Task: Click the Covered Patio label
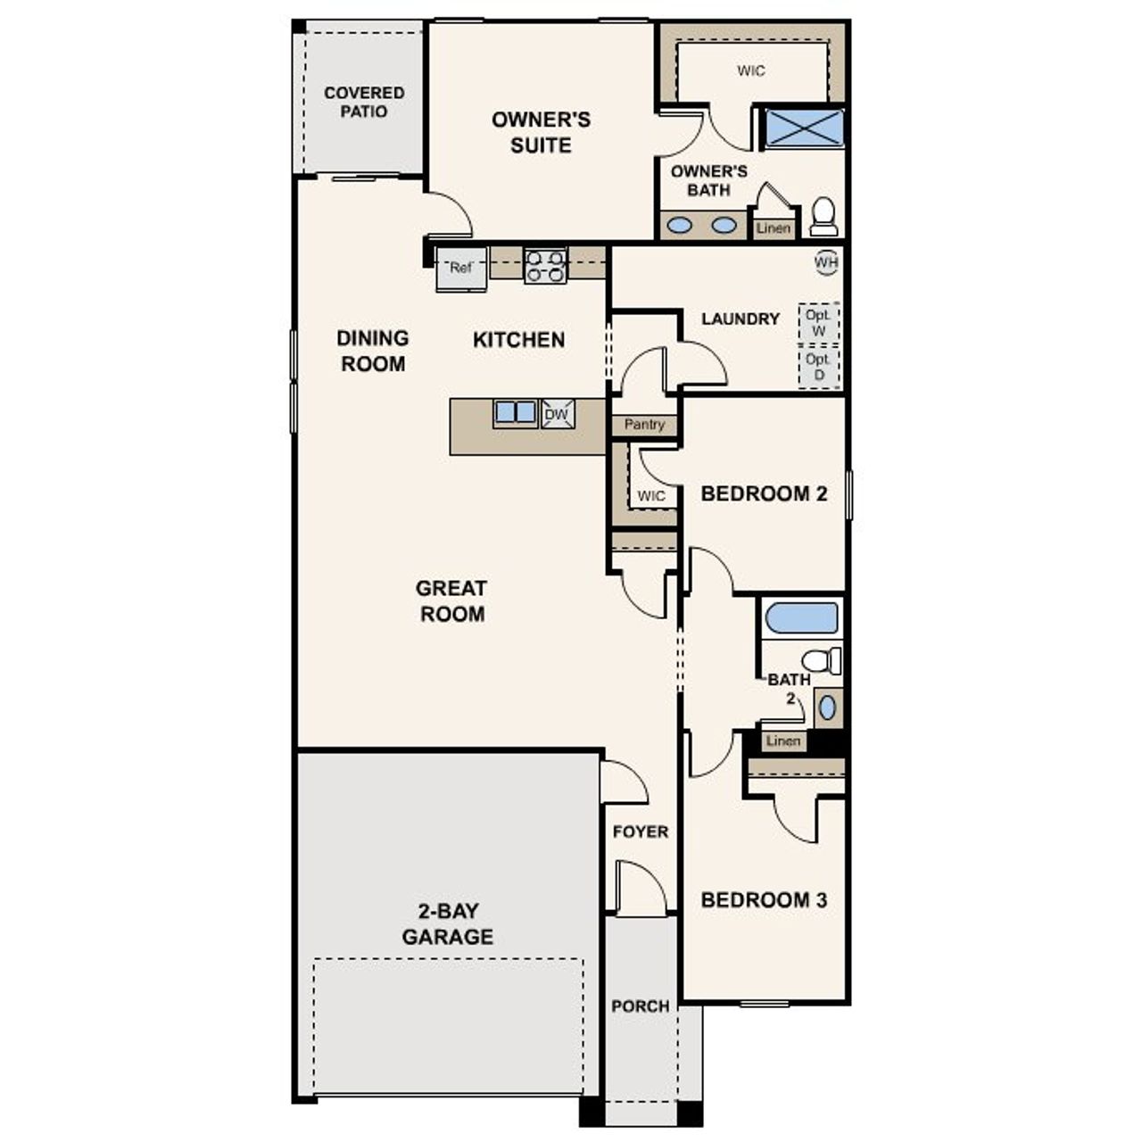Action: (x=364, y=102)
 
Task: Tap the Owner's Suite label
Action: (x=541, y=132)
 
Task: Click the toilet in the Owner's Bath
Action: (x=823, y=216)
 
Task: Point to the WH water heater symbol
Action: (x=826, y=261)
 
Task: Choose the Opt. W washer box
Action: (x=818, y=323)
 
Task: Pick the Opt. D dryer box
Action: (x=818, y=367)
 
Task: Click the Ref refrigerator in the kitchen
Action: (x=460, y=269)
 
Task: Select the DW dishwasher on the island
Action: (x=558, y=414)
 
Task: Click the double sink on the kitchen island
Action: (x=516, y=413)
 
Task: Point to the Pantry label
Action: (x=644, y=425)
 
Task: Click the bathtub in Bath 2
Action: (x=802, y=618)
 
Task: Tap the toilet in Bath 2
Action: (x=822, y=661)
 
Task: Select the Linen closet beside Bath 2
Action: (x=783, y=741)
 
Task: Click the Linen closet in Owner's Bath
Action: (x=773, y=228)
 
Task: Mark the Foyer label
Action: (x=640, y=832)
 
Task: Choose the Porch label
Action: (x=640, y=1005)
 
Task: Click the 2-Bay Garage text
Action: (x=447, y=923)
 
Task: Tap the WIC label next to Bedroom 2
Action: (x=651, y=496)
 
